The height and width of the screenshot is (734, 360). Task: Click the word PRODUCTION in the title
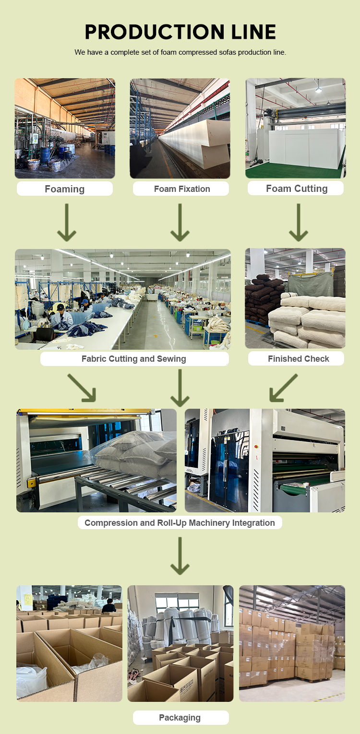click(x=146, y=32)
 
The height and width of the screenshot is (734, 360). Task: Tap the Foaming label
click(x=65, y=189)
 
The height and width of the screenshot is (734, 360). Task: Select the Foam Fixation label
click(x=182, y=189)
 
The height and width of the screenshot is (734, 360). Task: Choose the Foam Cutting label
click(x=297, y=189)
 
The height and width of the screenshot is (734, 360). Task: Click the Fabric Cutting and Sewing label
click(x=134, y=359)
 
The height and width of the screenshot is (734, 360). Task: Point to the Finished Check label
click(x=298, y=359)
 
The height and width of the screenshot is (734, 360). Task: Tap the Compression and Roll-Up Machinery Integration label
click(x=180, y=523)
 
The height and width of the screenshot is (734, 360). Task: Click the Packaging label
click(x=180, y=718)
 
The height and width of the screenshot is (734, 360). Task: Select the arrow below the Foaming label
click(x=67, y=223)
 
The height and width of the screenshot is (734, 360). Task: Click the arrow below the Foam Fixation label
click(x=180, y=223)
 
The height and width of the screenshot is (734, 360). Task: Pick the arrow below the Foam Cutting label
click(x=299, y=223)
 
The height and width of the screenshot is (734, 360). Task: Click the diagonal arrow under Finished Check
click(x=283, y=388)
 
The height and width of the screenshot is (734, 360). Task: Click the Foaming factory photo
click(x=65, y=129)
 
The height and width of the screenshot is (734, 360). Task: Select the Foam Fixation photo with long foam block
click(x=180, y=129)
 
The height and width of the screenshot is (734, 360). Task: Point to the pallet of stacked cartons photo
click(x=292, y=643)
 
